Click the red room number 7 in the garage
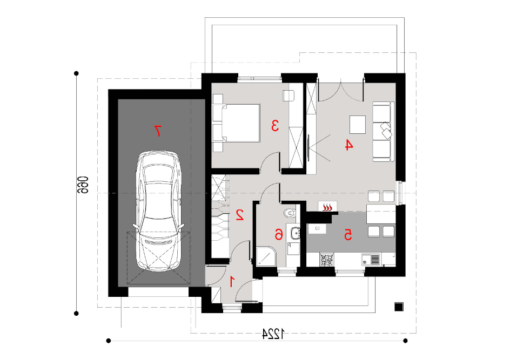pyautogui.click(x=158, y=131)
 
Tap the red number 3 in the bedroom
pyautogui.click(x=275, y=126)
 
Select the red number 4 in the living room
pyautogui.click(x=348, y=145)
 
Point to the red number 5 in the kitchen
pyautogui.click(x=348, y=235)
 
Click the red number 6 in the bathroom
pyautogui.click(x=279, y=234)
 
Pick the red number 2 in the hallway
pyautogui.click(x=240, y=215)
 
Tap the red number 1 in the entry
pyautogui.click(x=232, y=281)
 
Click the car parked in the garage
pyautogui.click(x=158, y=210)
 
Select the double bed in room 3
pyautogui.click(x=237, y=123)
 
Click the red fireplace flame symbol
pyautogui.click(x=327, y=207)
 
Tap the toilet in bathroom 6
pyautogui.click(x=290, y=213)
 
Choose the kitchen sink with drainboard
pyautogui.click(x=371, y=260)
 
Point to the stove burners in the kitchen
pyautogui.click(x=327, y=259)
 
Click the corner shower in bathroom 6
pyautogui.click(x=266, y=257)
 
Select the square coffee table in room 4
pyautogui.click(x=358, y=125)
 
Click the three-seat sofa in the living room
pyautogui.click(x=383, y=132)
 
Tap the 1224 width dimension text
pyautogui.click(x=273, y=334)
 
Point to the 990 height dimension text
pyautogui.click(x=83, y=185)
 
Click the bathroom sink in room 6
pyautogui.click(x=296, y=233)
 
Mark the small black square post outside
pyautogui.click(x=399, y=307)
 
